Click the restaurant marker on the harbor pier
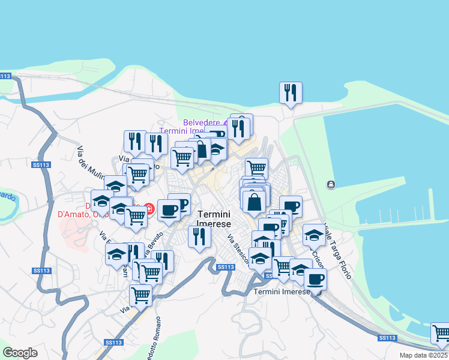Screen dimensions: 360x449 pos(291,93)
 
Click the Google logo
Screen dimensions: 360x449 pos(20,353)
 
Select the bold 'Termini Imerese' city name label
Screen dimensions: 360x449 pos(214,218)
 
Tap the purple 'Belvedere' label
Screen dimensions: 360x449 pos(202,122)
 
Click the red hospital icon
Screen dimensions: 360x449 pos(150,209)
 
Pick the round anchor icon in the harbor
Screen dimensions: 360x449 pos(331,184)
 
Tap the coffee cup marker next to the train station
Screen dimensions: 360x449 pos(315,279)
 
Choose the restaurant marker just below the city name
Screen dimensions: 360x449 pos(199,236)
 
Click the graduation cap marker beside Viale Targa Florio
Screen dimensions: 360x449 pos(313,235)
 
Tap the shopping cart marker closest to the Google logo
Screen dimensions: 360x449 pos(140,295)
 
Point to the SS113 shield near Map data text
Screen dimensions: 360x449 pos(387,338)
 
